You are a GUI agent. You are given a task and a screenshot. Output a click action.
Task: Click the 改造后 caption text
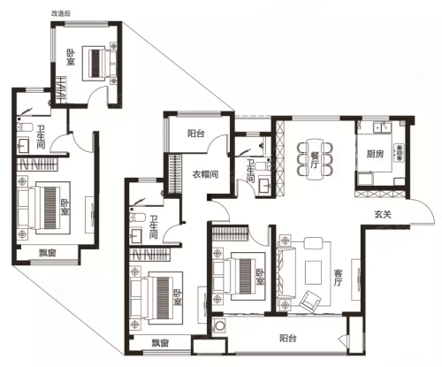pyautogui.click(x=61, y=13)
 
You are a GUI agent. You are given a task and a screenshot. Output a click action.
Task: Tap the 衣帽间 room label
pyautogui.click(x=205, y=174)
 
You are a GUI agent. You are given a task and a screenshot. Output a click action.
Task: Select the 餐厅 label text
pyautogui.click(x=314, y=159)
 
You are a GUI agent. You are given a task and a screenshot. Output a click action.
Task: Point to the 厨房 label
pyautogui.click(x=375, y=154)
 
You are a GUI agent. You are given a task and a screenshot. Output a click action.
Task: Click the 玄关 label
pyautogui.click(x=383, y=214)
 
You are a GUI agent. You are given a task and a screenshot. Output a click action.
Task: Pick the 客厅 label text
pyautogui.click(x=339, y=277)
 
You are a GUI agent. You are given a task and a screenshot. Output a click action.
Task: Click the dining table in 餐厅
pyautogui.click(x=314, y=159)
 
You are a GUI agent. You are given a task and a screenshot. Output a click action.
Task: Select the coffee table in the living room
pyautogui.click(x=314, y=272)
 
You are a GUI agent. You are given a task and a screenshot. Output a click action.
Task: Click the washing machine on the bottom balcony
pyautogui.click(x=219, y=326)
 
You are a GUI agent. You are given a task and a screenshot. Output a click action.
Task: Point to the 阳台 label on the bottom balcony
pyautogui.click(x=288, y=338)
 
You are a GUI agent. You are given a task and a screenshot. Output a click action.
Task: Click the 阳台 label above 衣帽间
pyautogui.click(x=196, y=134)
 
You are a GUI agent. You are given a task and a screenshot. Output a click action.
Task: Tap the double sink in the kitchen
pyautogui.click(x=382, y=127)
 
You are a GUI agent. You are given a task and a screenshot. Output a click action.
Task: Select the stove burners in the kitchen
pyautogui.click(x=400, y=153)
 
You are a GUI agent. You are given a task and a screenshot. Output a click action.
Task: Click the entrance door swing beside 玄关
pyautogui.click(x=422, y=211)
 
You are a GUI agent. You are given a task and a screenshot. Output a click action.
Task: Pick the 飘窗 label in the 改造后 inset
pyautogui.click(x=48, y=253)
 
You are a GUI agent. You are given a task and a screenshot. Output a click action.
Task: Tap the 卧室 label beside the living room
pyautogui.click(x=260, y=277)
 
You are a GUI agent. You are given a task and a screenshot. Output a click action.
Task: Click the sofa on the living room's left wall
pyautogui.click(x=286, y=272)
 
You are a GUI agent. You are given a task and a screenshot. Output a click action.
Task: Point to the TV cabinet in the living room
pyautogui.click(x=356, y=279)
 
